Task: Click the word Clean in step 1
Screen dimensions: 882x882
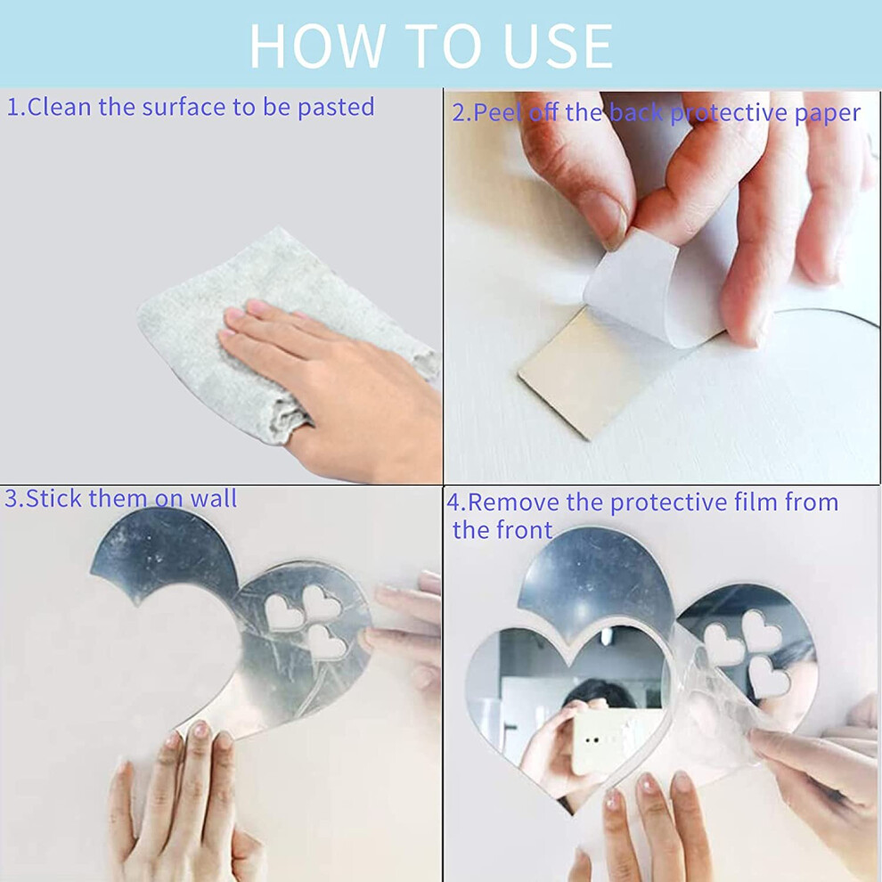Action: coord(59,107)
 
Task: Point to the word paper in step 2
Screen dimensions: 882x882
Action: coord(828,114)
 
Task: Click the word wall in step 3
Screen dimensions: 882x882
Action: coord(214,498)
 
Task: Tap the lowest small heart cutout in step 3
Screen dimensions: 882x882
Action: coord(326,642)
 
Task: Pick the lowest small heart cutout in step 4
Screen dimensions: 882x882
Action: coord(768,677)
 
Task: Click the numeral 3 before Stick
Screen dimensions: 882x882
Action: coord(12,499)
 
